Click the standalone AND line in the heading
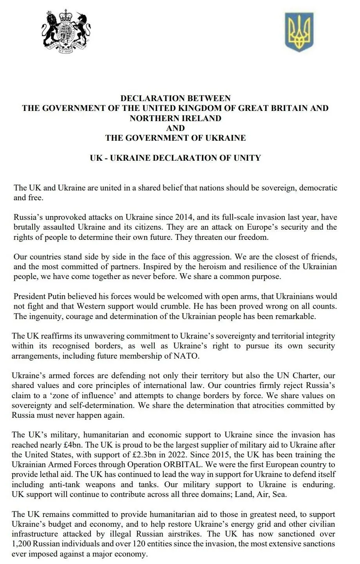click(x=175, y=128)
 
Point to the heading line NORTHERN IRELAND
click(x=175, y=118)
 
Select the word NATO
click(x=186, y=356)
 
